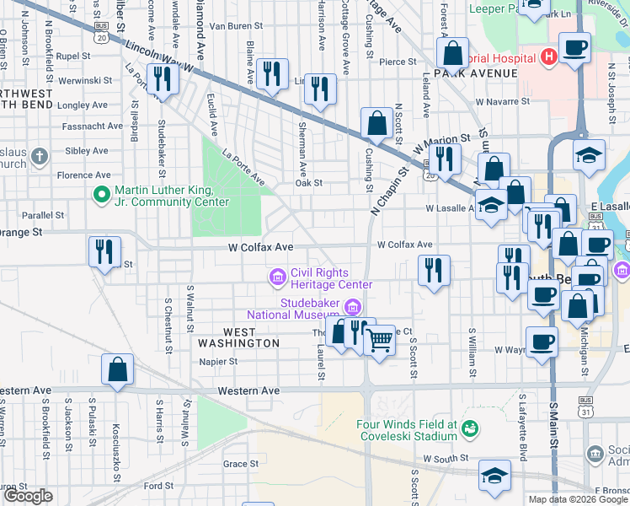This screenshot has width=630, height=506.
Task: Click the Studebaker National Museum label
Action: click(x=296, y=309)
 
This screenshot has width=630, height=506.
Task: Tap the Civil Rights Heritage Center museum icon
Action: click(x=276, y=277)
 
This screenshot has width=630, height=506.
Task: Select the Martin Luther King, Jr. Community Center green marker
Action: click(x=102, y=196)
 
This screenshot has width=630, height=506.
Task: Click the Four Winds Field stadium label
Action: click(x=405, y=430)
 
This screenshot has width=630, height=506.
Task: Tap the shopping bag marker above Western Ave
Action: click(x=117, y=369)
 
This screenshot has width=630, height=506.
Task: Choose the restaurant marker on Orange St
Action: click(x=105, y=251)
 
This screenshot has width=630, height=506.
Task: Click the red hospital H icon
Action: click(x=549, y=57)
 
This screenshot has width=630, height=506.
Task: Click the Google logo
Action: click(x=27, y=496)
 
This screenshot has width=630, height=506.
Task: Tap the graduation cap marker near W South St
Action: click(x=494, y=475)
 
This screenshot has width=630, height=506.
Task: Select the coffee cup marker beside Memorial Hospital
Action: click(x=575, y=49)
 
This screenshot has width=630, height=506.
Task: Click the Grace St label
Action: click(x=241, y=464)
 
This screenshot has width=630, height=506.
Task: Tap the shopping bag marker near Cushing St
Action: click(x=376, y=123)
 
